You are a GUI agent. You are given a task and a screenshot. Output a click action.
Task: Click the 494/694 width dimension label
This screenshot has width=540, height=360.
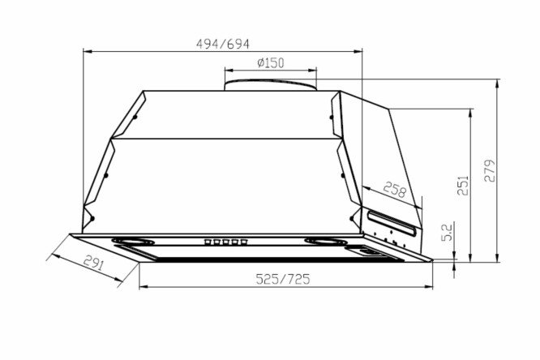pos(222,44)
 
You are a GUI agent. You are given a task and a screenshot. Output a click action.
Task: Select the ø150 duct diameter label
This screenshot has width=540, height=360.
pos(271,62)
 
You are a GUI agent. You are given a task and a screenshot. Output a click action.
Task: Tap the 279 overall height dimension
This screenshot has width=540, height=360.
pos(490,170)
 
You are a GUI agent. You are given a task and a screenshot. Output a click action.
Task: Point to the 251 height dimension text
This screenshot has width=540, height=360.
pos(463,186)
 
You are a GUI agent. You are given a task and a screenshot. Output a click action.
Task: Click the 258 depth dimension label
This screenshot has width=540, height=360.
pos(395,190)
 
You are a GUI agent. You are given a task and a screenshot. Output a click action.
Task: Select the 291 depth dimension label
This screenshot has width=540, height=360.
pos(93,263)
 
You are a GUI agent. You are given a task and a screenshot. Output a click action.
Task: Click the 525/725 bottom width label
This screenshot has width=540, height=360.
pos(283,279)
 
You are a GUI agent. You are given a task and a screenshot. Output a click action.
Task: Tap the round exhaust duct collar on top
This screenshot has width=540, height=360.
pos(270,85)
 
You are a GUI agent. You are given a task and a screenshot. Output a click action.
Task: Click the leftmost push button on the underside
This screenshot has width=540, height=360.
pos(208,242)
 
